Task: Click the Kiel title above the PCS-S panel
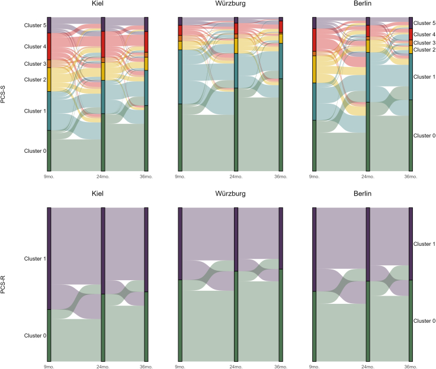click(x=98, y=4)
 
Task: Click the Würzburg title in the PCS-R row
click(x=230, y=194)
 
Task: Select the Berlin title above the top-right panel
click(x=363, y=4)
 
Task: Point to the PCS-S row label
click(x=3, y=94)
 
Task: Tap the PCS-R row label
click(x=3, y=284)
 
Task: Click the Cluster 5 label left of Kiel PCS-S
click(x=35, y=25)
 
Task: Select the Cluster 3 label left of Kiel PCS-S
click(x=35, y=64)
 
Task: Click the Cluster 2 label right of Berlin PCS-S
click(x=424, y=50)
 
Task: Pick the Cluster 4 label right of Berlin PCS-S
click(x=424, y=34)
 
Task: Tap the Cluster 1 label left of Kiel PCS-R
click(x=35, y=259)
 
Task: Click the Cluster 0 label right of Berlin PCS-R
click(x=424, y=321)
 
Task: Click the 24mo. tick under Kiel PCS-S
click(x=103, y=177)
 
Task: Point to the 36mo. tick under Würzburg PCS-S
click(x=281, y=177)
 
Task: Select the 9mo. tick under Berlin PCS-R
click(x=314, y=367)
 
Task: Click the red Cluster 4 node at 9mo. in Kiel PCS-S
click(x=49, y=46)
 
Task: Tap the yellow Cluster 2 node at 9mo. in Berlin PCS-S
click(x=314, y=69)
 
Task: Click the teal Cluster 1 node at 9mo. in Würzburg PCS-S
click(x=180, y=77)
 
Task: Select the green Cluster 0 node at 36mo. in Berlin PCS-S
click(x=411, y=136)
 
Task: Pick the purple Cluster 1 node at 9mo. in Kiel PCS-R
click(x=49, y=259)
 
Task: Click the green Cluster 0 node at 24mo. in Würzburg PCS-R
click(x=236, y=316)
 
